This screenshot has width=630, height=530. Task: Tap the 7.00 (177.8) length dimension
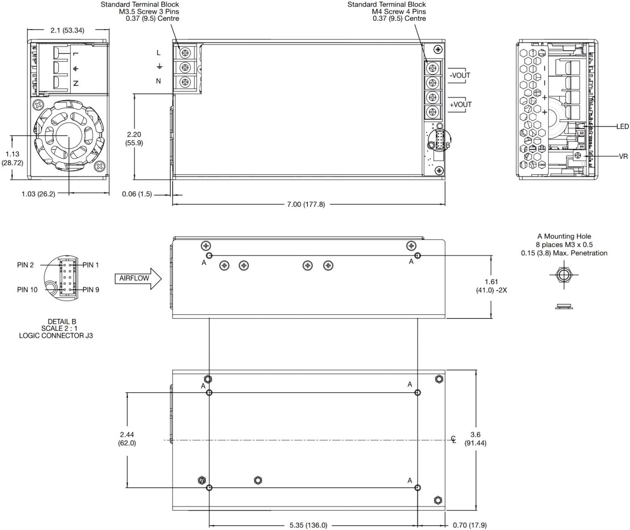point(306,204)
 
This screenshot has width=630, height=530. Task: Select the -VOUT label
point(460,76)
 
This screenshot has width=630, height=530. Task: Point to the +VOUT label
point(461,105)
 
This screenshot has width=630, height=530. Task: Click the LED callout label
point(622,127)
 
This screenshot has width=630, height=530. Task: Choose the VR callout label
point(623,156)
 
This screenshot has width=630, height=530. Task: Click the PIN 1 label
point(91,265)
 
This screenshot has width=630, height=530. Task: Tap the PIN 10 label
point(27,290)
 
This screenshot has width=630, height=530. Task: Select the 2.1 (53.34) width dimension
point(67,30)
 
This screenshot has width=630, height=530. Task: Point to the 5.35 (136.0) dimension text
point(308,525)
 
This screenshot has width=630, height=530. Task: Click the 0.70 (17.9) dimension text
point(469,525)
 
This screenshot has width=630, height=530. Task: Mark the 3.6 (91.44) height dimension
point(476,439)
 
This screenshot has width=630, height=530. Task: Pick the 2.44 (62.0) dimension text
point(127,439)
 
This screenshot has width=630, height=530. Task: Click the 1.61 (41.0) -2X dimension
point(491,286)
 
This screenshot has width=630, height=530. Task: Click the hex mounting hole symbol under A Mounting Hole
point(563,275)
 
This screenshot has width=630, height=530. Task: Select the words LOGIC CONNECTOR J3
point(56,336)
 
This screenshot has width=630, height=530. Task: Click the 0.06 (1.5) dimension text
point(137,194)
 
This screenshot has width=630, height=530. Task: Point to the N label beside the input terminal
point(158,81)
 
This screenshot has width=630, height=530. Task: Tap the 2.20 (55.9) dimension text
point(134,139)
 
